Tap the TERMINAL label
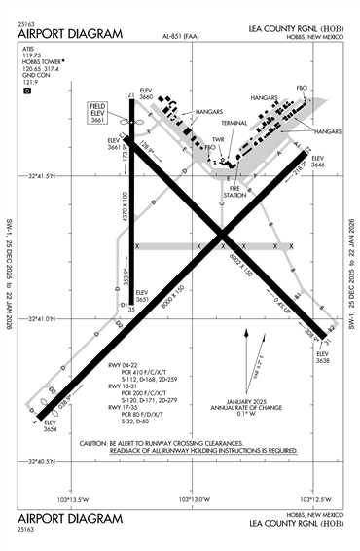click(x=234, y=124)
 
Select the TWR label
click(x=218, y=139)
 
